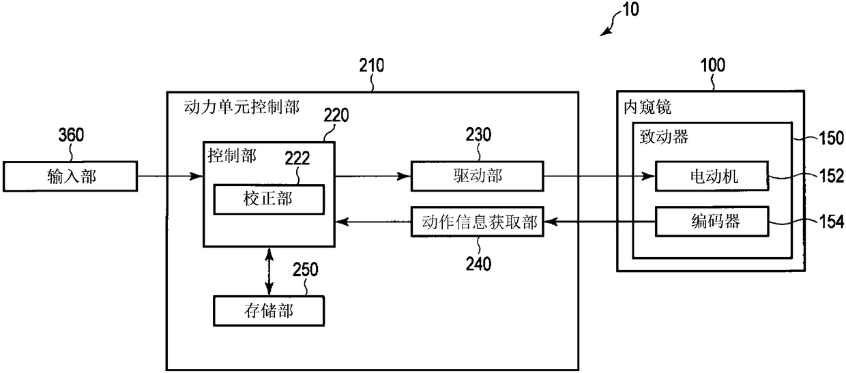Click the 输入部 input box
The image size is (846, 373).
click(70, 177)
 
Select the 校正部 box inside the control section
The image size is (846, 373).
click(269, 199)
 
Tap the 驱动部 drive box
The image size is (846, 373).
click(478, 177)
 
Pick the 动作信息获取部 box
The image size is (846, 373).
click(478, 222)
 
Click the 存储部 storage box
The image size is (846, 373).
click(269, 311)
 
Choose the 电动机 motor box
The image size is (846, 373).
click(712, 177)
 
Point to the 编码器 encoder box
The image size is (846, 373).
click(712, 222)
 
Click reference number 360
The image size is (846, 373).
click(71, 135)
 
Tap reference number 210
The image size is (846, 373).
click(372, 65)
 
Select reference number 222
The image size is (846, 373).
click(297, 158)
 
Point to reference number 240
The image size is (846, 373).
click(478, 264)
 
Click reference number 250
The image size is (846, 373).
click(306, 269)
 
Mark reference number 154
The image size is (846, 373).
click(831, 222)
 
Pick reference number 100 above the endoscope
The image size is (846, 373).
click(713, 65)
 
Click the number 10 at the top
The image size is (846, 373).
click(630, 10)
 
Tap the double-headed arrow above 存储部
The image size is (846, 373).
click(269, 271)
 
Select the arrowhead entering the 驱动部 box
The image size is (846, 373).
click(404, 177)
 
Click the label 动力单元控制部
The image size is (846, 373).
click(242, 107)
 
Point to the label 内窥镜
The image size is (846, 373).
click(647, 107)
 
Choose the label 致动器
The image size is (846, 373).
click(664, 136)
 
